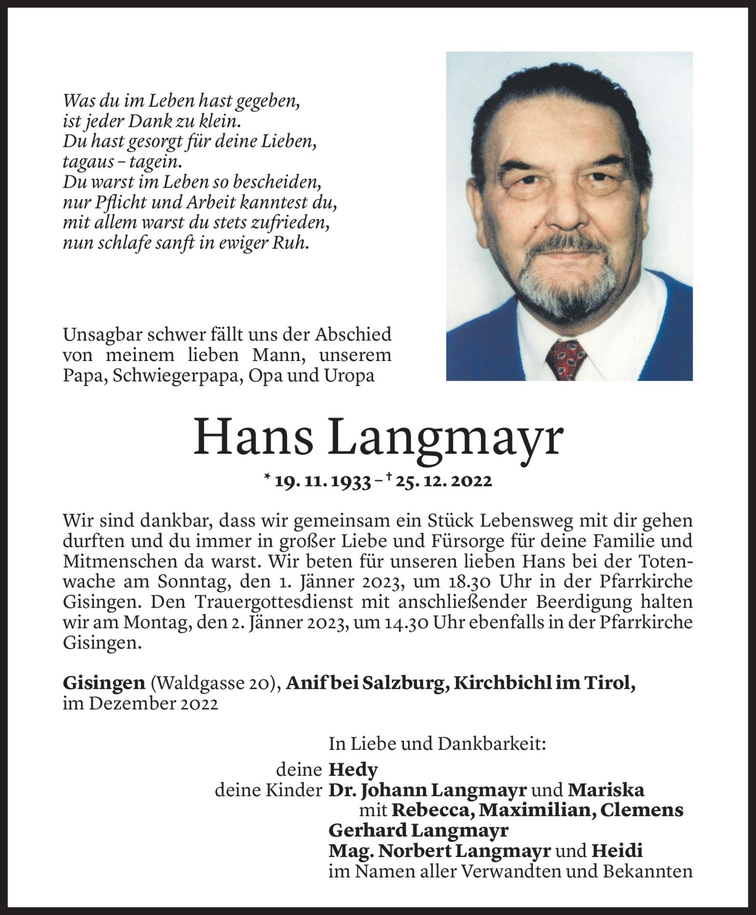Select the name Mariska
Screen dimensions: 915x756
[606, 790]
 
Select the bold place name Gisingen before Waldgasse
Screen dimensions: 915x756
[104, 684]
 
